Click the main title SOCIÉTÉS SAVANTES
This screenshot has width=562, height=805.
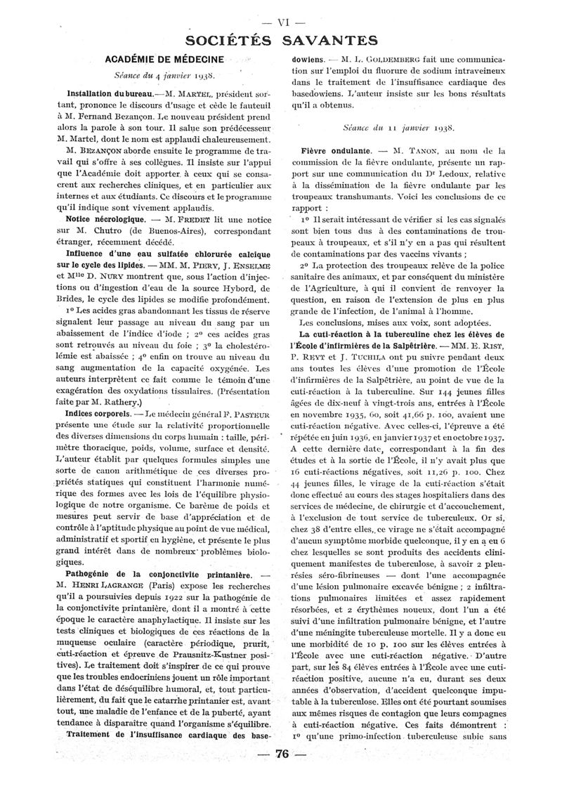(282, 39)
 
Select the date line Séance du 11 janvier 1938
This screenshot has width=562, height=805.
(398, 129)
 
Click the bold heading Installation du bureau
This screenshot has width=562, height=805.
(111, 93)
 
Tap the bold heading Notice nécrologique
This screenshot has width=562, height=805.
(106, 220)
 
